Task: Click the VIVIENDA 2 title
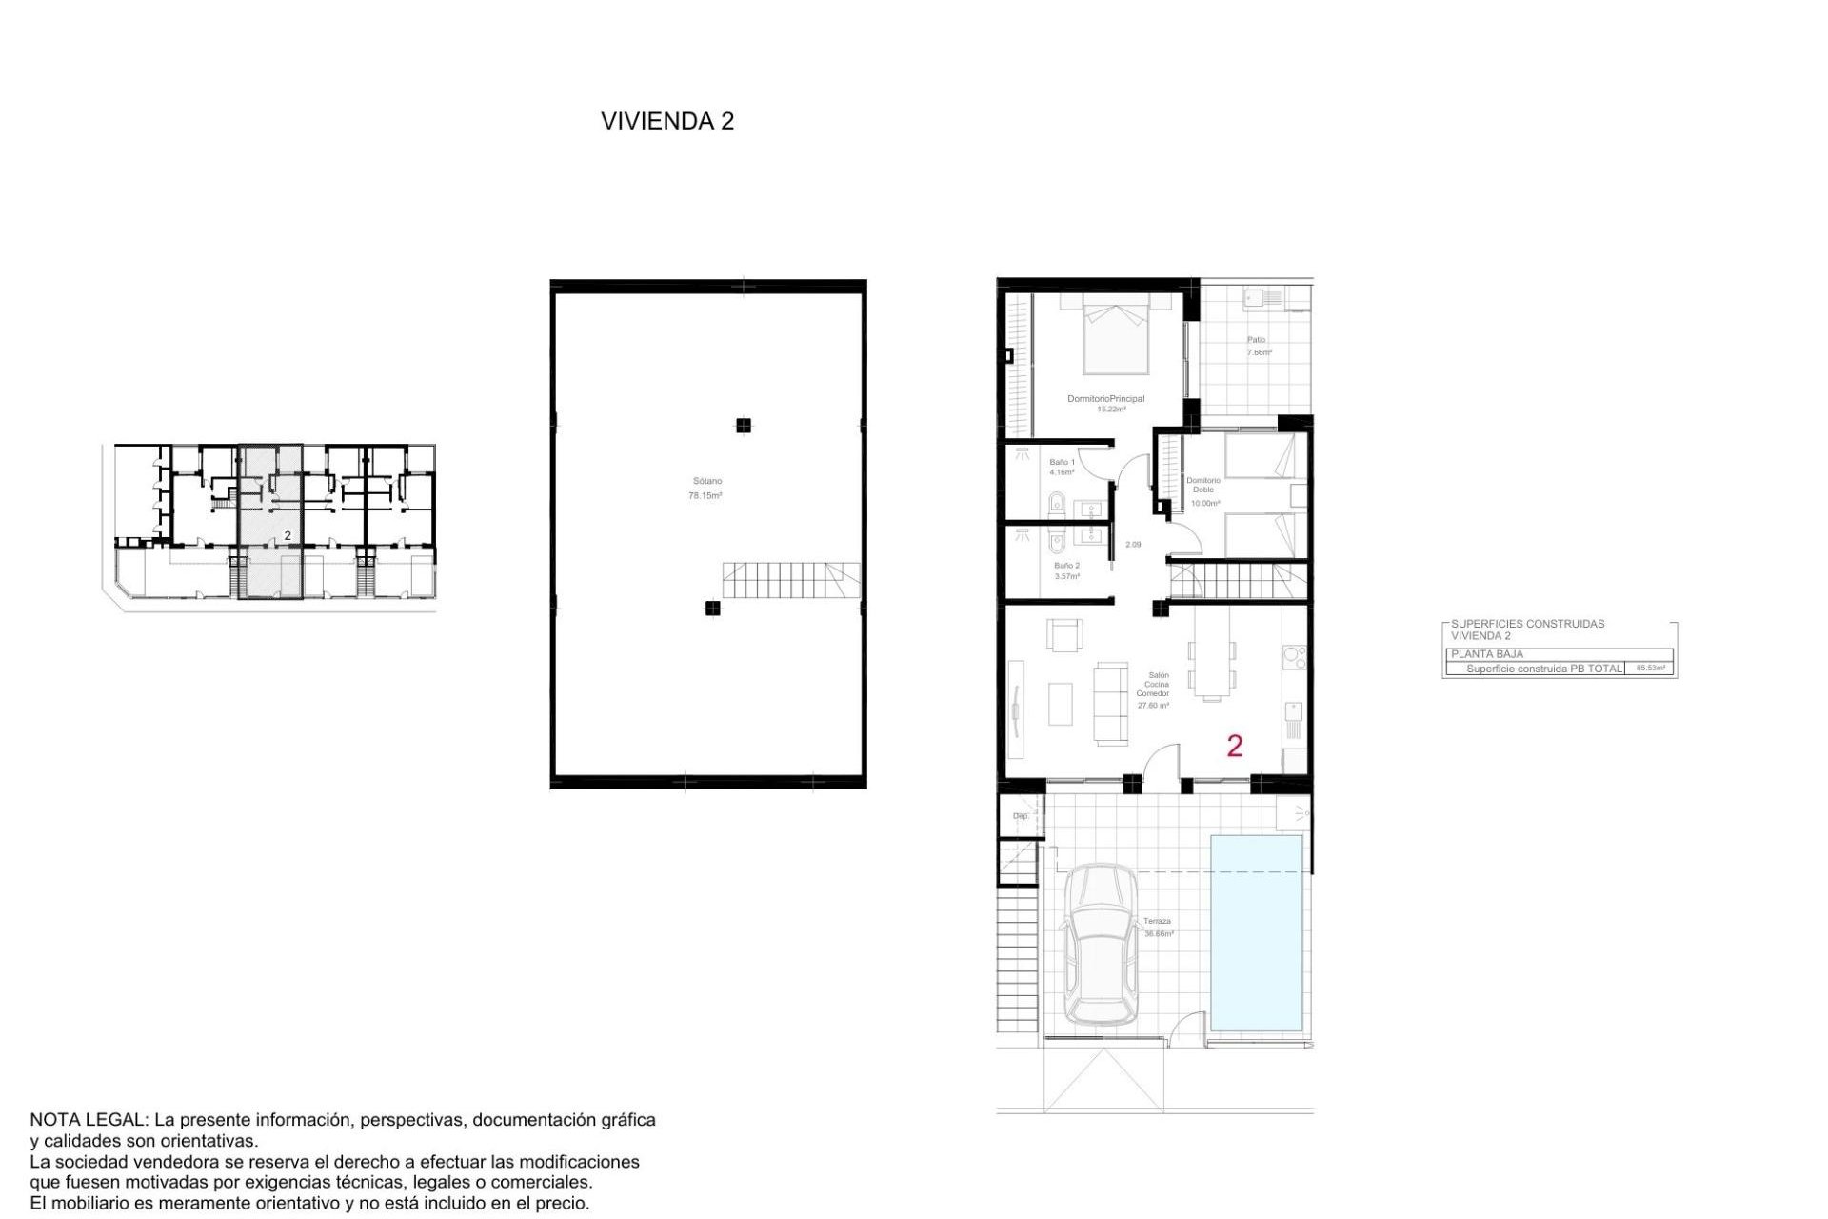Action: pyautogui.click(x=666, y=121)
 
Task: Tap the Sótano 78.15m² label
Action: pyautogui.click(x=705, y=489)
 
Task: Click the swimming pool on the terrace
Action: pyautogui.click(x=1256, y=932)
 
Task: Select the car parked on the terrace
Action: pyautogui.click(x=1101, y=945)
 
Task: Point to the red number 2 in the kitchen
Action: pyautogui.click(x=1235, y=746)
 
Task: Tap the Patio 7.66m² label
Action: pyautogui.click(x=1258, y=346)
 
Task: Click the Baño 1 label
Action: pyautogui.click(x=1062, y=467)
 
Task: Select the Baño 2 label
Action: pyautogui.click(x=1066, y=570)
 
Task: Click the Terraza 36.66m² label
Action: pyautogui.click(x=1158, y=928)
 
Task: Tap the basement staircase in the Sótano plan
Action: pyautogui.click(x=790, y=580)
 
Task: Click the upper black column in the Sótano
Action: pyautogui.click(x=744, y=426)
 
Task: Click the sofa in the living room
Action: pyautogui.click(x=1110, y=703)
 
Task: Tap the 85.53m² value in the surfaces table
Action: pyautogui.click(x=1650, y=669)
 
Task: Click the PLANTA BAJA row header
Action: pyautogui.click(x=1487, y=654)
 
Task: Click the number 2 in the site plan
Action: pyautogui.click(x=288, y=536)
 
